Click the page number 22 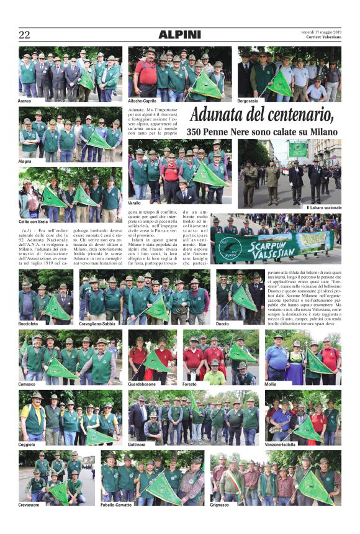pyautogui.click(x=24, y=35)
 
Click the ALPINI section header pyautogui.click(x=179, y=35)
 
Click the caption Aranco pyautogui.click(x=27, y=100)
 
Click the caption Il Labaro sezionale pyautogui.click(x=323, y=207)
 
